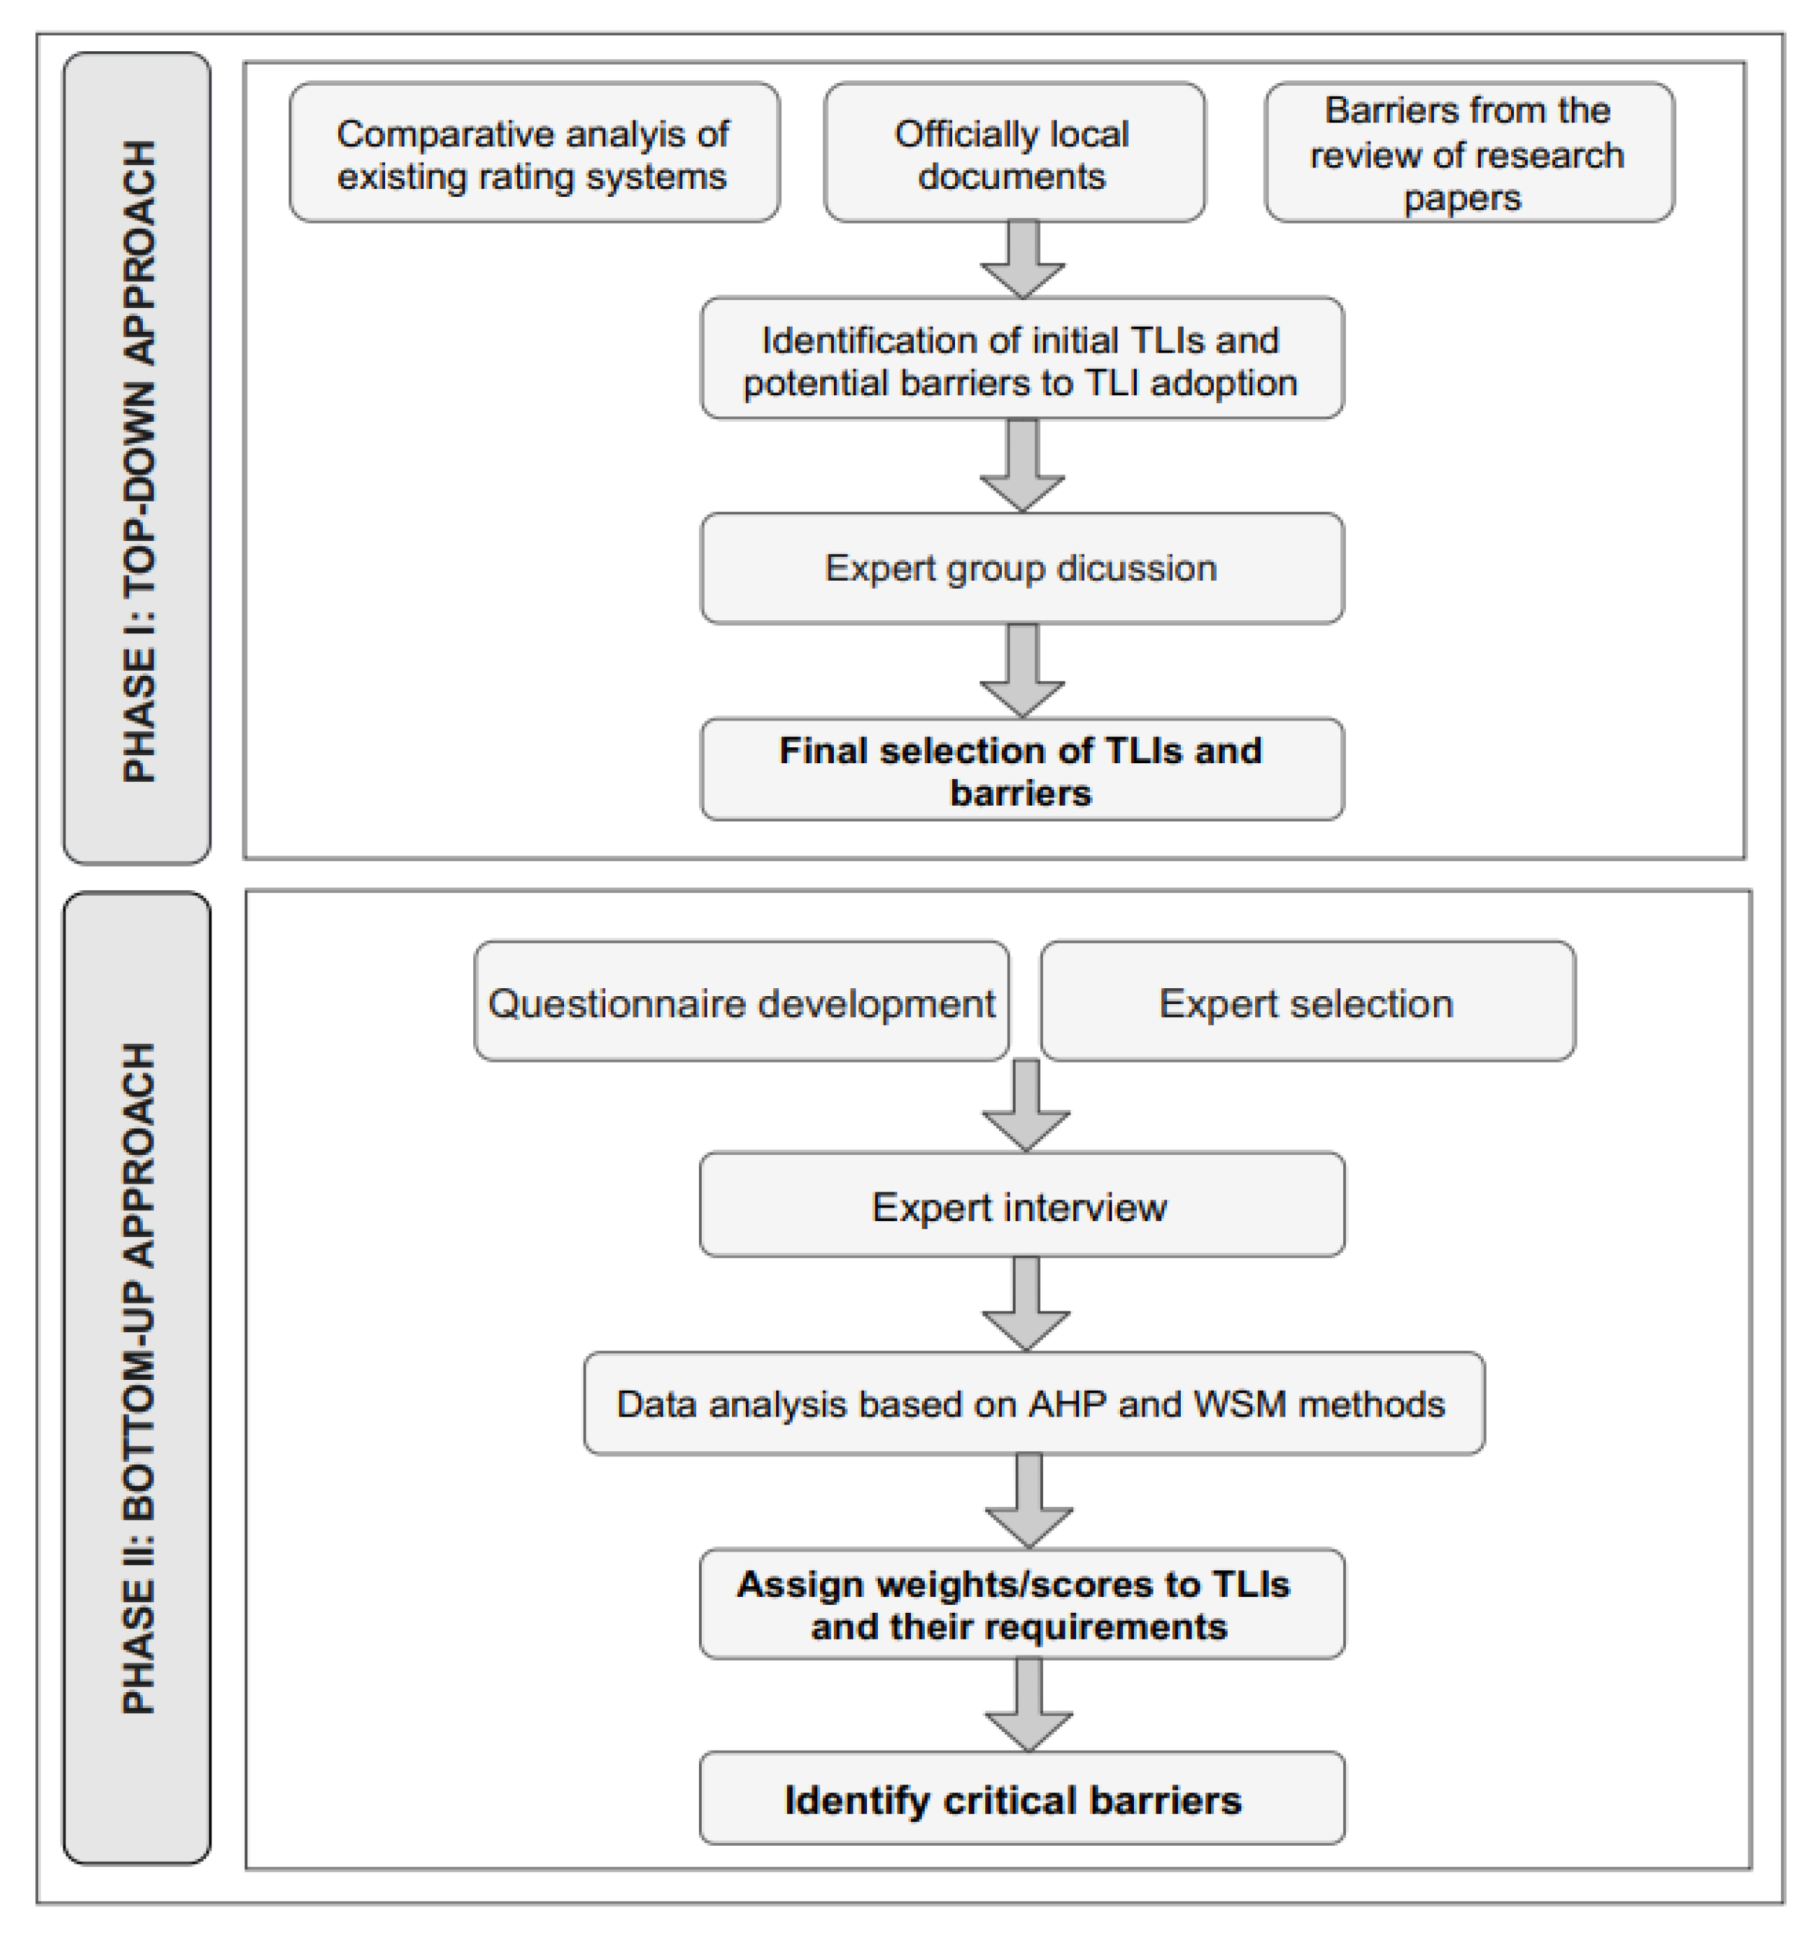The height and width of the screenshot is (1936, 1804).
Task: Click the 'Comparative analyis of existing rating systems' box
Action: pos(533,153)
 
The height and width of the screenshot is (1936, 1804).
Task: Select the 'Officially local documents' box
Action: pos(1013,153)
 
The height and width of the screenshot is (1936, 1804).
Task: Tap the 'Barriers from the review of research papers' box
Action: pos(1467,153)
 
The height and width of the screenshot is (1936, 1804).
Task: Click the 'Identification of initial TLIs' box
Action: pos(1021,359)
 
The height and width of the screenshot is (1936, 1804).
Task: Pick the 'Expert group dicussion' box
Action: pos(1021,568)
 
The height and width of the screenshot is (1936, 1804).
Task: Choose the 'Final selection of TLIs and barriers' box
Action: pos(1021,770)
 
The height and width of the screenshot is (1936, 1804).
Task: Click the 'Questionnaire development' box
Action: pos(740,1002)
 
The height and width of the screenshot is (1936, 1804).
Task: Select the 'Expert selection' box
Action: pos(1306,1002)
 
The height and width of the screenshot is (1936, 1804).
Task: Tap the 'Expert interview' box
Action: pos(1021,1205)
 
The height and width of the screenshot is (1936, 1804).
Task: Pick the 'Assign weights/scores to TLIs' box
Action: pos(1021,1605)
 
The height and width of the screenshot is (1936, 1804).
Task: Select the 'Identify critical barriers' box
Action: pos(1021,1800)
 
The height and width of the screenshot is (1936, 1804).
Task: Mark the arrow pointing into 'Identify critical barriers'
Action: pos(1029,1705)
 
